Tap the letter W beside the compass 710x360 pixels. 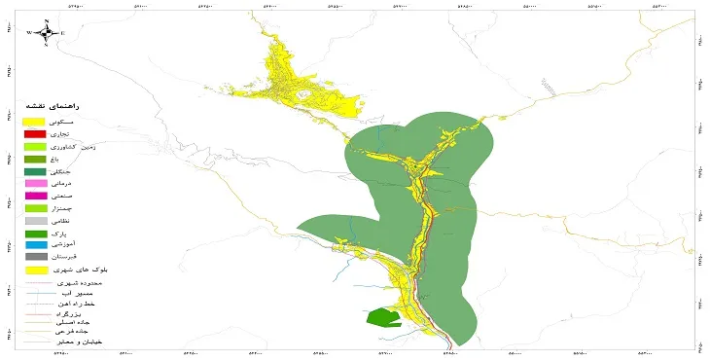point(29,32)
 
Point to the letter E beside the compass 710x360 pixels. point(62,32)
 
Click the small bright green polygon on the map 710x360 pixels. point(383,317)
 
